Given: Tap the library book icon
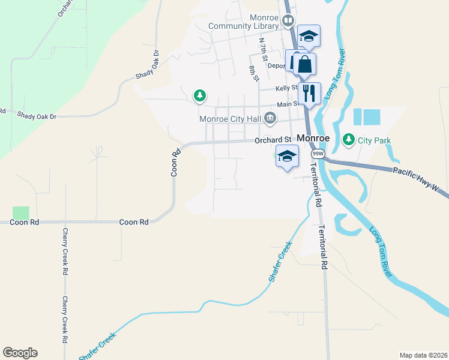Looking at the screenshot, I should (288, 22).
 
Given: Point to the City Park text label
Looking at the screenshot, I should (374, 140).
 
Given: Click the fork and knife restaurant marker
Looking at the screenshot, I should (309, 92).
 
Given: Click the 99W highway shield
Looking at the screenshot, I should (316, 154).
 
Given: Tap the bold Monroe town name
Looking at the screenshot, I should (313, 138).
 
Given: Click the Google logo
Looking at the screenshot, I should (20, 353).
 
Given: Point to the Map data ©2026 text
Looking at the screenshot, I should (423, 355).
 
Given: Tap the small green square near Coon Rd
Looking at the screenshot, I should (20, 212).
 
